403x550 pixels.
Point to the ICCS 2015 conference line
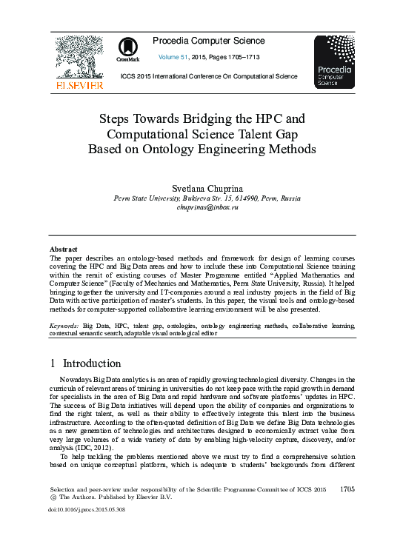[x=209, y=76]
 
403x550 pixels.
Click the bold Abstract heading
[x=64, y=249]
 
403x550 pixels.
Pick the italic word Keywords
[x=64, y=325]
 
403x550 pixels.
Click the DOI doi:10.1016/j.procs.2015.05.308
[x=87, y=509]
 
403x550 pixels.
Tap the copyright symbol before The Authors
[x=53, y=498]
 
